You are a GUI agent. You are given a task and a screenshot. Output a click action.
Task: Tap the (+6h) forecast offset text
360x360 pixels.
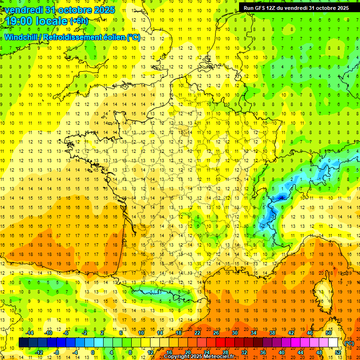pos(78,21)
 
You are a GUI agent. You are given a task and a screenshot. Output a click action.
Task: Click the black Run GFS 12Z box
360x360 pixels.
pos(296,7)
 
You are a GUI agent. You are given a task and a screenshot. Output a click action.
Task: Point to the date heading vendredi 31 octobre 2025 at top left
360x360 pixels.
pos(58,10)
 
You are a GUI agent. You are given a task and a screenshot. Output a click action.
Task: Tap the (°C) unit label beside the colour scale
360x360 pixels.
pos(349,343)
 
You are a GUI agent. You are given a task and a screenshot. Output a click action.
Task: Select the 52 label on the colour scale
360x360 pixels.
pos(338,352)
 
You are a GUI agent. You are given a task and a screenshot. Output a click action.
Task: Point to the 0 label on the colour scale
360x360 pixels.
pos(92,352)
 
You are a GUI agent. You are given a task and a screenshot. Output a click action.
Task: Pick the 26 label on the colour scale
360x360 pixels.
pos(216,333)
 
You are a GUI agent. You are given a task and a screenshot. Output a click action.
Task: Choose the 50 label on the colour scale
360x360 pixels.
pos(329,333)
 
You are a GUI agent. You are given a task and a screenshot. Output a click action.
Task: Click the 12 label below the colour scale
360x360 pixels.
pos(150,352)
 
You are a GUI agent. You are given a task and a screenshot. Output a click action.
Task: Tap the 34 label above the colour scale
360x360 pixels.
pos(254,333)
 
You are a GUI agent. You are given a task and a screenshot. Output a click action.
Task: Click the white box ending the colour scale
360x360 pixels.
pos(333,343)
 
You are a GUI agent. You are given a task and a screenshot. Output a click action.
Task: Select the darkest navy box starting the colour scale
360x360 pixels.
pos(23,343)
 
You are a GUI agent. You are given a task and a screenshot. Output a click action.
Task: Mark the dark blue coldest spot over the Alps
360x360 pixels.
pos(281,197)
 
